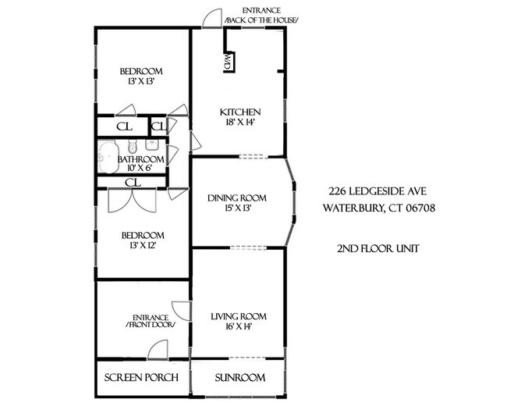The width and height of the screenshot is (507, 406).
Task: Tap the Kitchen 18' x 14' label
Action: point(239,117)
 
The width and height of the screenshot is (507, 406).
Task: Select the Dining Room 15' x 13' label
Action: point(237,203)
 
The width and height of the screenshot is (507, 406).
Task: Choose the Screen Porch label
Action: point(142,378)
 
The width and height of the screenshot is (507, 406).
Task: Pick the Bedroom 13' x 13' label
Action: point(141,74)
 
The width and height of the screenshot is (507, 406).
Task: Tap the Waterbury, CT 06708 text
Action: point(378,208)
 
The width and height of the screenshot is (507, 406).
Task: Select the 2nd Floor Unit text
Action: point(378,248)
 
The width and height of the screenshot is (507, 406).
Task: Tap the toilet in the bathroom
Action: point(132,145)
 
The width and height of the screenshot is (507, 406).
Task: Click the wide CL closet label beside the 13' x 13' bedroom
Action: point(122,126)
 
